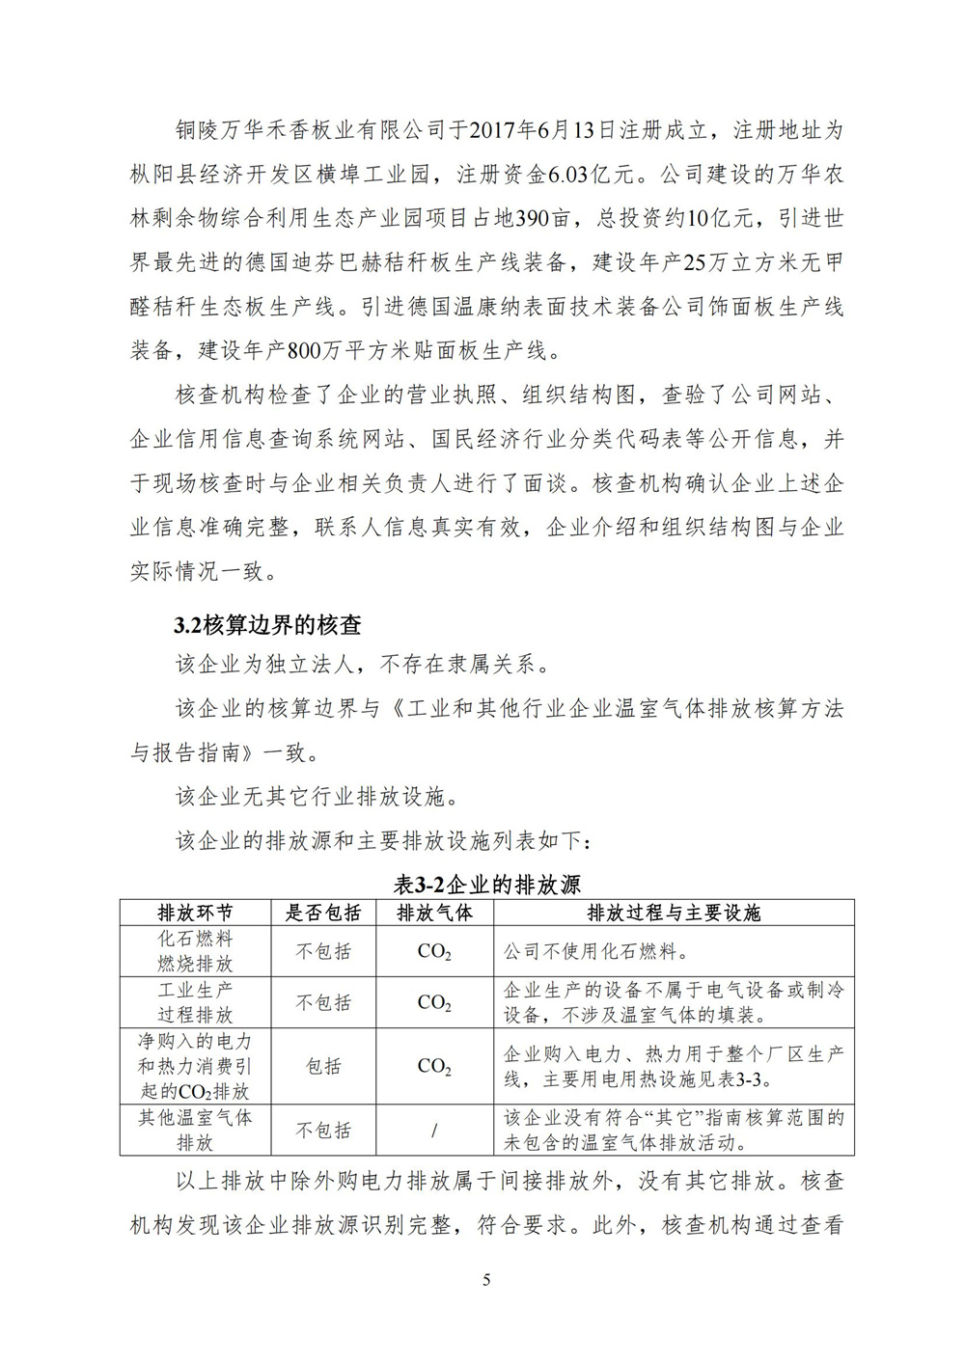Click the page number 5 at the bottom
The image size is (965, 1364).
click(486, 1280)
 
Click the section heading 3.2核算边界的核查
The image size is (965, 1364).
click(267, 625)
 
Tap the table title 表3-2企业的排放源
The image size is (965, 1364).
click(487, 885)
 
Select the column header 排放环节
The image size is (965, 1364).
click(195, 913)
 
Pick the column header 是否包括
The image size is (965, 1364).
click(323, 913)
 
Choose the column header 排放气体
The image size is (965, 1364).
click(434, 913)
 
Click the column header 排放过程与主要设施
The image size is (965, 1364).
click(674, 913)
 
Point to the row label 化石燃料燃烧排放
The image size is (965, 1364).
click(195, 951)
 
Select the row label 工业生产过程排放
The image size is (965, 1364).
click(195, 1002)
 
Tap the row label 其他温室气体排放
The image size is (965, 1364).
click(195, 1130)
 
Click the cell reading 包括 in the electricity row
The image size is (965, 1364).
click(323, 1066)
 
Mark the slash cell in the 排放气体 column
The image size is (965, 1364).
click(434, 1130)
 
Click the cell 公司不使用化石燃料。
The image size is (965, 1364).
click(597, 952)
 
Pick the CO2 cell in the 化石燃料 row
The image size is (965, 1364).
click(434, 952)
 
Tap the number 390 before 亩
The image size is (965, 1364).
click(532, 219)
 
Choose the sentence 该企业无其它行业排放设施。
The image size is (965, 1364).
click(312, 797)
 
